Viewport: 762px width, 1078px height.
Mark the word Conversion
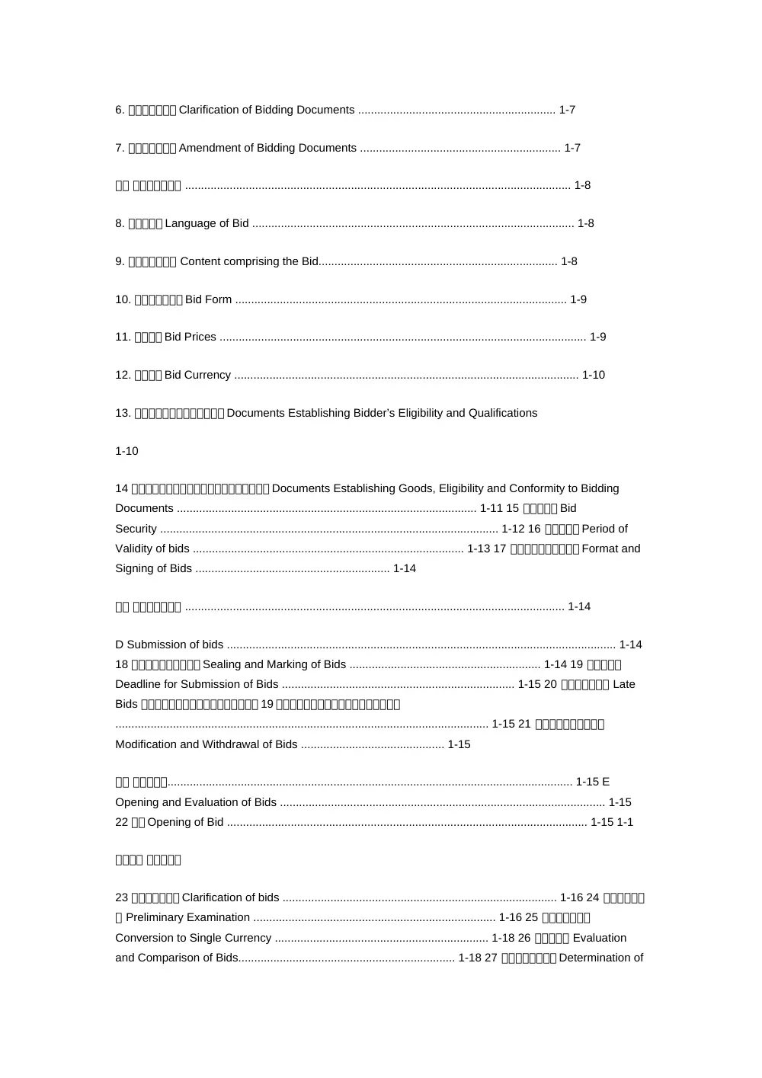143,938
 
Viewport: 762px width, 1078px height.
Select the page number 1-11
491,508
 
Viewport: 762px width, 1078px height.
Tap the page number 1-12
513,529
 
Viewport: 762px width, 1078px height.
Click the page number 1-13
479,549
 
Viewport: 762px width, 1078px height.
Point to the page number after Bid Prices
598,337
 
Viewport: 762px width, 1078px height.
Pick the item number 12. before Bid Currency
123,375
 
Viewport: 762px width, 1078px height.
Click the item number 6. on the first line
120,110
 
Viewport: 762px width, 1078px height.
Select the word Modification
146,744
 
